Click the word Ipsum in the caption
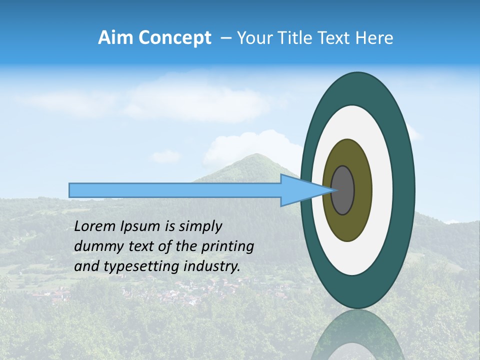(x=140, y=226)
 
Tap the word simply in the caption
(x=200, y=227)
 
